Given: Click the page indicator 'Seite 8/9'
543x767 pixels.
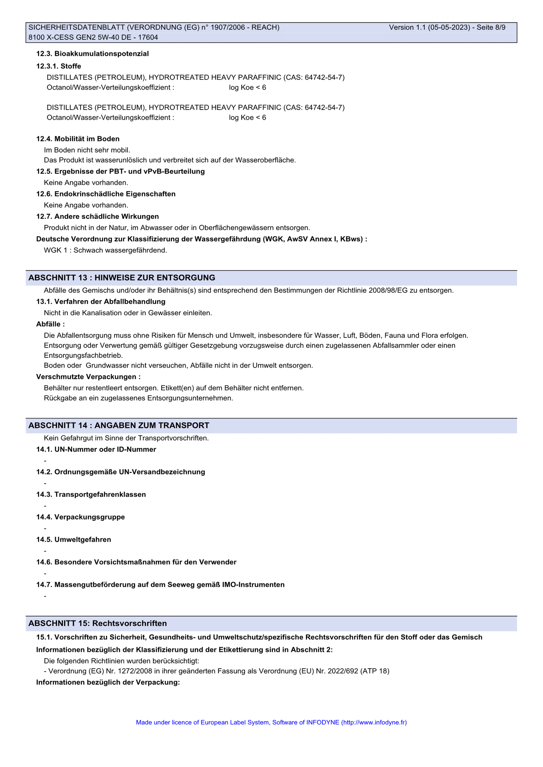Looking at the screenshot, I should pos(491,27).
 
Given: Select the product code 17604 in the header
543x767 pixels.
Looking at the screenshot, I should pos(149,37).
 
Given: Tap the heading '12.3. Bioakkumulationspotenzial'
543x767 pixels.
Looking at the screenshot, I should pos(92,54).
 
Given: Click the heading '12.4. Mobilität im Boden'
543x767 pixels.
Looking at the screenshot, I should pos(78,139).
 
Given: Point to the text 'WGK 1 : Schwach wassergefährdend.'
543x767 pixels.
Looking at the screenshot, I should pos(105,250).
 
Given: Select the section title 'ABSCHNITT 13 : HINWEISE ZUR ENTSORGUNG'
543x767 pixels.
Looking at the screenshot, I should pos(122,278).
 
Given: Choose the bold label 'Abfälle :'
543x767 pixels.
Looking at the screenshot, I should pos(50,324).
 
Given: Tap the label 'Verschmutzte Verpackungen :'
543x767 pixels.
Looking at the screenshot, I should pos(88,377).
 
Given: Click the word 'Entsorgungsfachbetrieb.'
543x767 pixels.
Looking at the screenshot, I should pos(83,355).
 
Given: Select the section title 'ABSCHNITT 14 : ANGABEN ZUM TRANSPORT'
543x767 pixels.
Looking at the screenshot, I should pos(119,425).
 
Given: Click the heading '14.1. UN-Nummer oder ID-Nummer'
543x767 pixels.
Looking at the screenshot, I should pos(96,449).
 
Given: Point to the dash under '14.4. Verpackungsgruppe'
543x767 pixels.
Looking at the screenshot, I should pos(45,528).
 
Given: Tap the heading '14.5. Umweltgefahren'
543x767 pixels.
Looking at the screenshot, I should pos(74,539).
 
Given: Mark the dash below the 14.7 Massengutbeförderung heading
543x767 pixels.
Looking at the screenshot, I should pos(45,596).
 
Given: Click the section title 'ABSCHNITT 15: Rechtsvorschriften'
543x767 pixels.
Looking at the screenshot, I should pos(98,624).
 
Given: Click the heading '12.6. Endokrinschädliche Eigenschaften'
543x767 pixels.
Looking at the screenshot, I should pos(106,194).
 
